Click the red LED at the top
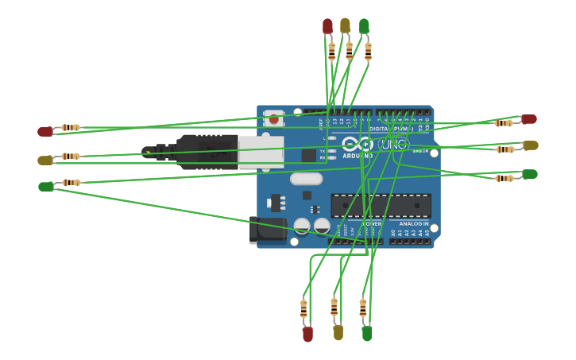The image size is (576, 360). click(x=327, y=27)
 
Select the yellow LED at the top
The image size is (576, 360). click(x=345, y=26)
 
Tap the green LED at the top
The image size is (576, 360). click(x=364, y=27)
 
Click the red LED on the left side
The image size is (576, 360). click(x=46, y=132)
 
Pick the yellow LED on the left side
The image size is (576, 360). click(x=45, y=160)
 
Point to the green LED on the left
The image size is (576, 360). click(x=46, y=187)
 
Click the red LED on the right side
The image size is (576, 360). click(x=528, y=119)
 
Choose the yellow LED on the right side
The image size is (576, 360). click(x=530, y=145)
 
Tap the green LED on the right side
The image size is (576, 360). click(x=529, y=174)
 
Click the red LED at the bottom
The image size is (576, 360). click(x=307, y=335)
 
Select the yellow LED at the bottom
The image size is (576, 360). click(x=338, y=332)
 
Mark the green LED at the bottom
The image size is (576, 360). click(x=366, y=334)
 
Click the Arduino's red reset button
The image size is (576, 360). click(x=273, y=119)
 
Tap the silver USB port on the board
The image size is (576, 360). click(x=261, y=152)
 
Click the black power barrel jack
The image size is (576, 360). click(x=266, y=230)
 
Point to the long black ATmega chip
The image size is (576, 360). click(x=381, y=206)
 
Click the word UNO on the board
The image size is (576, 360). click(x=395, y=145)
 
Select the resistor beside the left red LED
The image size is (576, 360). click(x=70, y=127)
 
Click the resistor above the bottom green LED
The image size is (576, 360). click(x=362, y=308)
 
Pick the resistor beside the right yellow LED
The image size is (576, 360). click(x=504, y=149)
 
